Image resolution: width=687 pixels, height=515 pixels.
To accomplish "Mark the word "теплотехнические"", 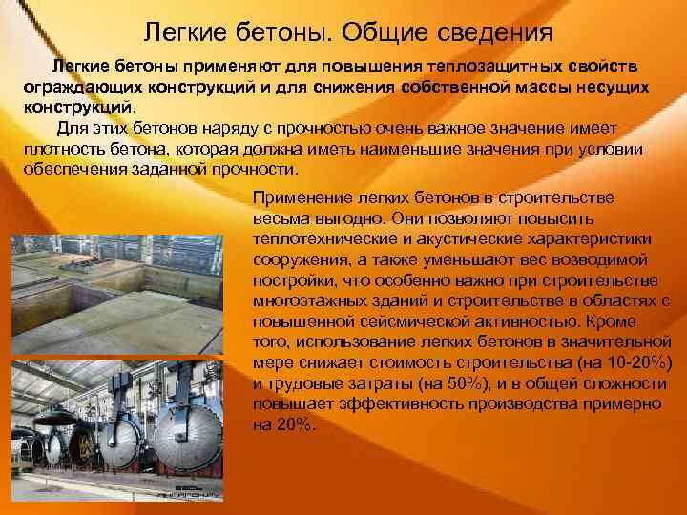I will point(322,237).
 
